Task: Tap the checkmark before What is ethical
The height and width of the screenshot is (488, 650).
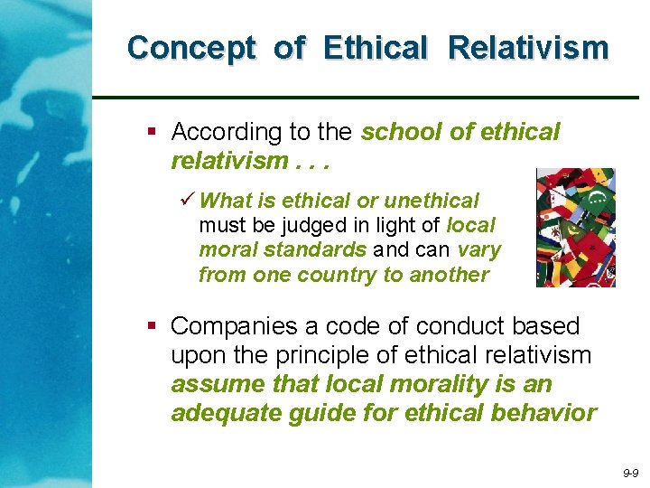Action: tap(188, 200)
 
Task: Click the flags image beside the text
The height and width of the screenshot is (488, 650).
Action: tap(575, 227)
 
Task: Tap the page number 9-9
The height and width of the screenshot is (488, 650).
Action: tap(629, 474)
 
